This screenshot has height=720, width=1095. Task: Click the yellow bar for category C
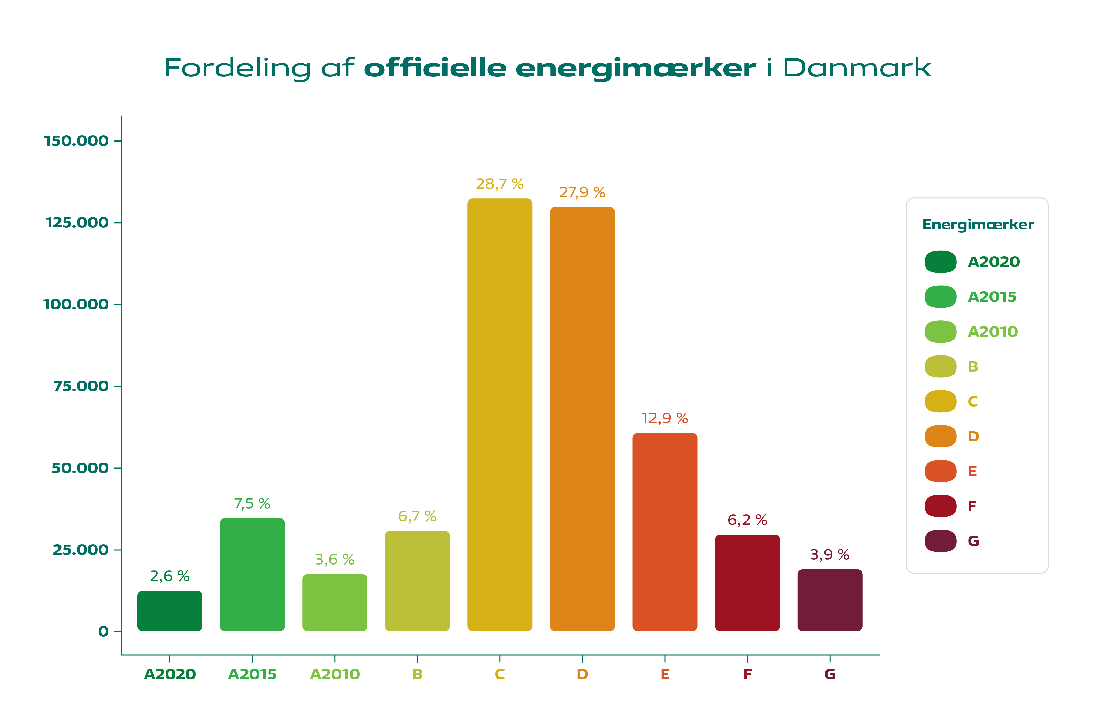[x=500, y=414]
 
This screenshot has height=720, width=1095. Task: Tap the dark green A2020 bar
[x=170, y=611]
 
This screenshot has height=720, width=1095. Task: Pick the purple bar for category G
[x=830, y=600]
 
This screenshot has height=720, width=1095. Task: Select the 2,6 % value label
[x=170, y=576]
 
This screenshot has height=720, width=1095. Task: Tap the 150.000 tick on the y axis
[x=76, y=141]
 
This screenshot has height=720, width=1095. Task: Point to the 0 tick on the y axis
[x=103, y=632]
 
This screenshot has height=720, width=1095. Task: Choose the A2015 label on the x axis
[x=252, y=674]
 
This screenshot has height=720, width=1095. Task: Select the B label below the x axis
[x=417, y=674]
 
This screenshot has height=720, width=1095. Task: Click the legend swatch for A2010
[x=940, y=331]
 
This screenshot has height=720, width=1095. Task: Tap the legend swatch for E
[x=940, y=471]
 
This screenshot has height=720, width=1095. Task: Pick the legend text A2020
[x=994, y=262]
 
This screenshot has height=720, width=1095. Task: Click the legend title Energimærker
[x=978, y=225]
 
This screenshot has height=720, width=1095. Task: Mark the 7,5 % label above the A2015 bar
[x=252, y=504]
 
